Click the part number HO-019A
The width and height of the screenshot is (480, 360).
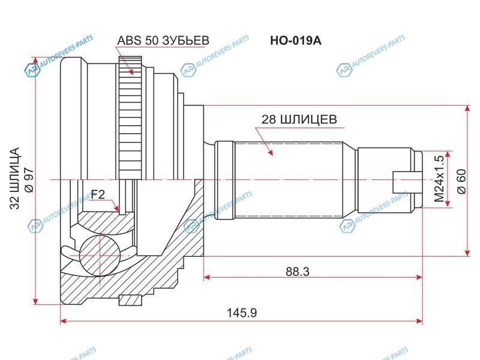pos(295,41)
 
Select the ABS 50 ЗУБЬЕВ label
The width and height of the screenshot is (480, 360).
pos(163,40)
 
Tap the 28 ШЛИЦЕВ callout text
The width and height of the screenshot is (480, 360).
pos(299,119)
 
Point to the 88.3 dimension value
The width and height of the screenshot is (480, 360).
pos(298,271)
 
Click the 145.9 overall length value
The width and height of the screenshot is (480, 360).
pos(242,313)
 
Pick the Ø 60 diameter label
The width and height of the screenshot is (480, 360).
pos(461,181)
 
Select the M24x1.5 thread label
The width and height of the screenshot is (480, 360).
pos(439,179)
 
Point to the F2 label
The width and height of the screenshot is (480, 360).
pos(98,194)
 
